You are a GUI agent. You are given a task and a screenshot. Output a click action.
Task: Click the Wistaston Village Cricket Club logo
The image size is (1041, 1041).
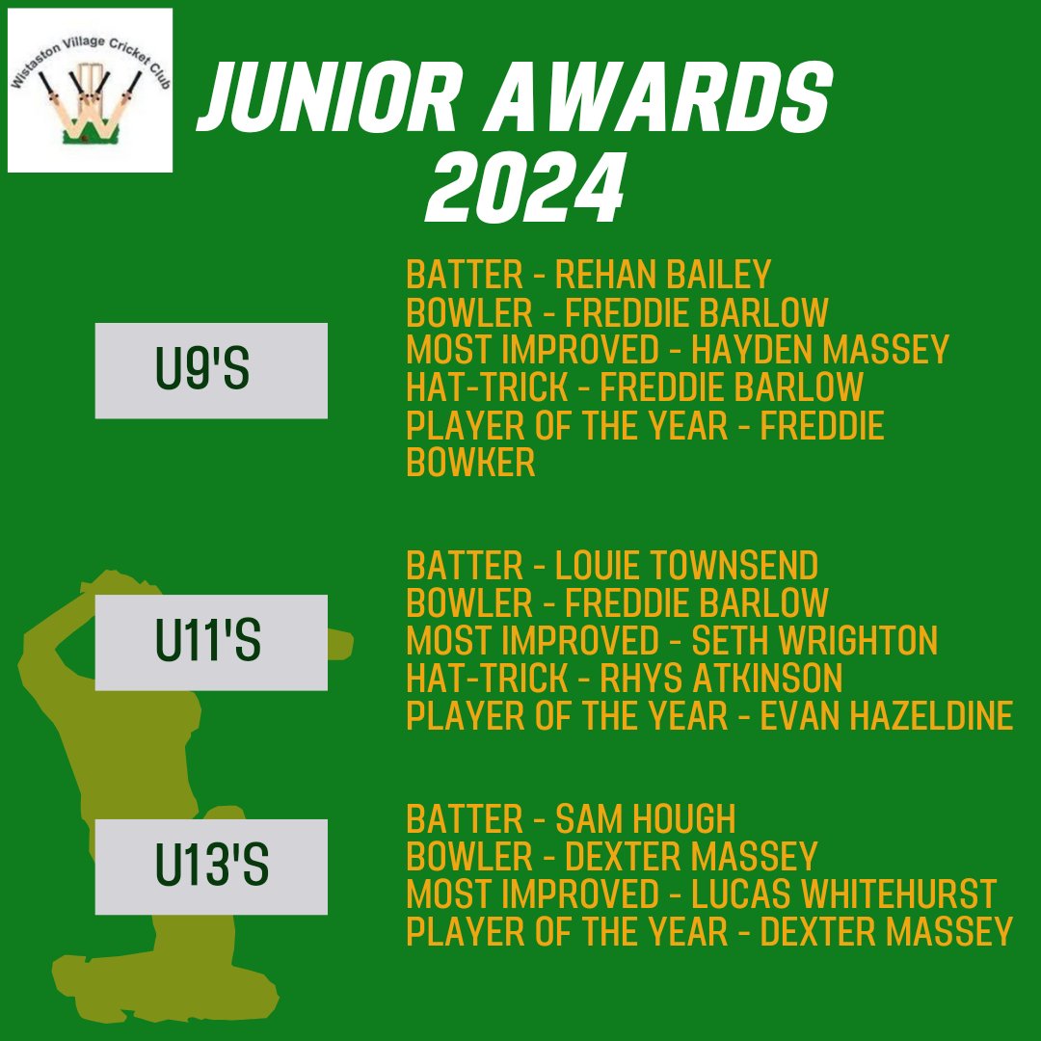[x=90, y=90]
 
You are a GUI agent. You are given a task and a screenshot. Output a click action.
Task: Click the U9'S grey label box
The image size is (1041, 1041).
[x=211, y=371]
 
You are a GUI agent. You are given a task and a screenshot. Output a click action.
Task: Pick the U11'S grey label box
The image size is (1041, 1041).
[x=211, y=643]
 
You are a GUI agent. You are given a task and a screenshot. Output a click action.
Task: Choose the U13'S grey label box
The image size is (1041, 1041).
[x=211, y=867]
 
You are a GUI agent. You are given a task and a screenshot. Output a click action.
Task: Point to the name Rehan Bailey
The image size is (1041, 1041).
[x=664, y=276]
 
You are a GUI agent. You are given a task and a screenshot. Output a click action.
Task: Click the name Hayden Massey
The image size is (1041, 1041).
[x=821, y=350]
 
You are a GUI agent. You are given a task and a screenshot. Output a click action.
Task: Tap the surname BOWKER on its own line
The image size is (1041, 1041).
[x=470, y=463]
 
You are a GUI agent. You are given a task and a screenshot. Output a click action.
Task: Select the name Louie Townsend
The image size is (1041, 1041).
[x=687, y=565]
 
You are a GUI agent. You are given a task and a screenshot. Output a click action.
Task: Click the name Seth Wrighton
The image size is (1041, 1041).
[x=814, y=640]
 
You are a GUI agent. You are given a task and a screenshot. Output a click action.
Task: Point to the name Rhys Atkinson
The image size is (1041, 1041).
[x=721, y=679]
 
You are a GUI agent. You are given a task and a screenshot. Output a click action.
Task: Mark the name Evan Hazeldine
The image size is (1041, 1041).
[x=887, y=716]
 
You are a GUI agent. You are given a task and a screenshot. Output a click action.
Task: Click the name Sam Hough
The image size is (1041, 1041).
[x=646, y=819]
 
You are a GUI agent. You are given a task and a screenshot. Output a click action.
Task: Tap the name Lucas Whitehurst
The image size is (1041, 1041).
[x=843, y=894]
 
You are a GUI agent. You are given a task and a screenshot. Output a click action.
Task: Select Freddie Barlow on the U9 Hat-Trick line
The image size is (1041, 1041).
[x=732, y=387]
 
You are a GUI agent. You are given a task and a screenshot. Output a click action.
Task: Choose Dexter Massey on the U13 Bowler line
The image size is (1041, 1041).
[x=691, y=857]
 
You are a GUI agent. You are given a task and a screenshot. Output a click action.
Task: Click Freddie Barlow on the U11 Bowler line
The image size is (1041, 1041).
[x=697, y=602]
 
